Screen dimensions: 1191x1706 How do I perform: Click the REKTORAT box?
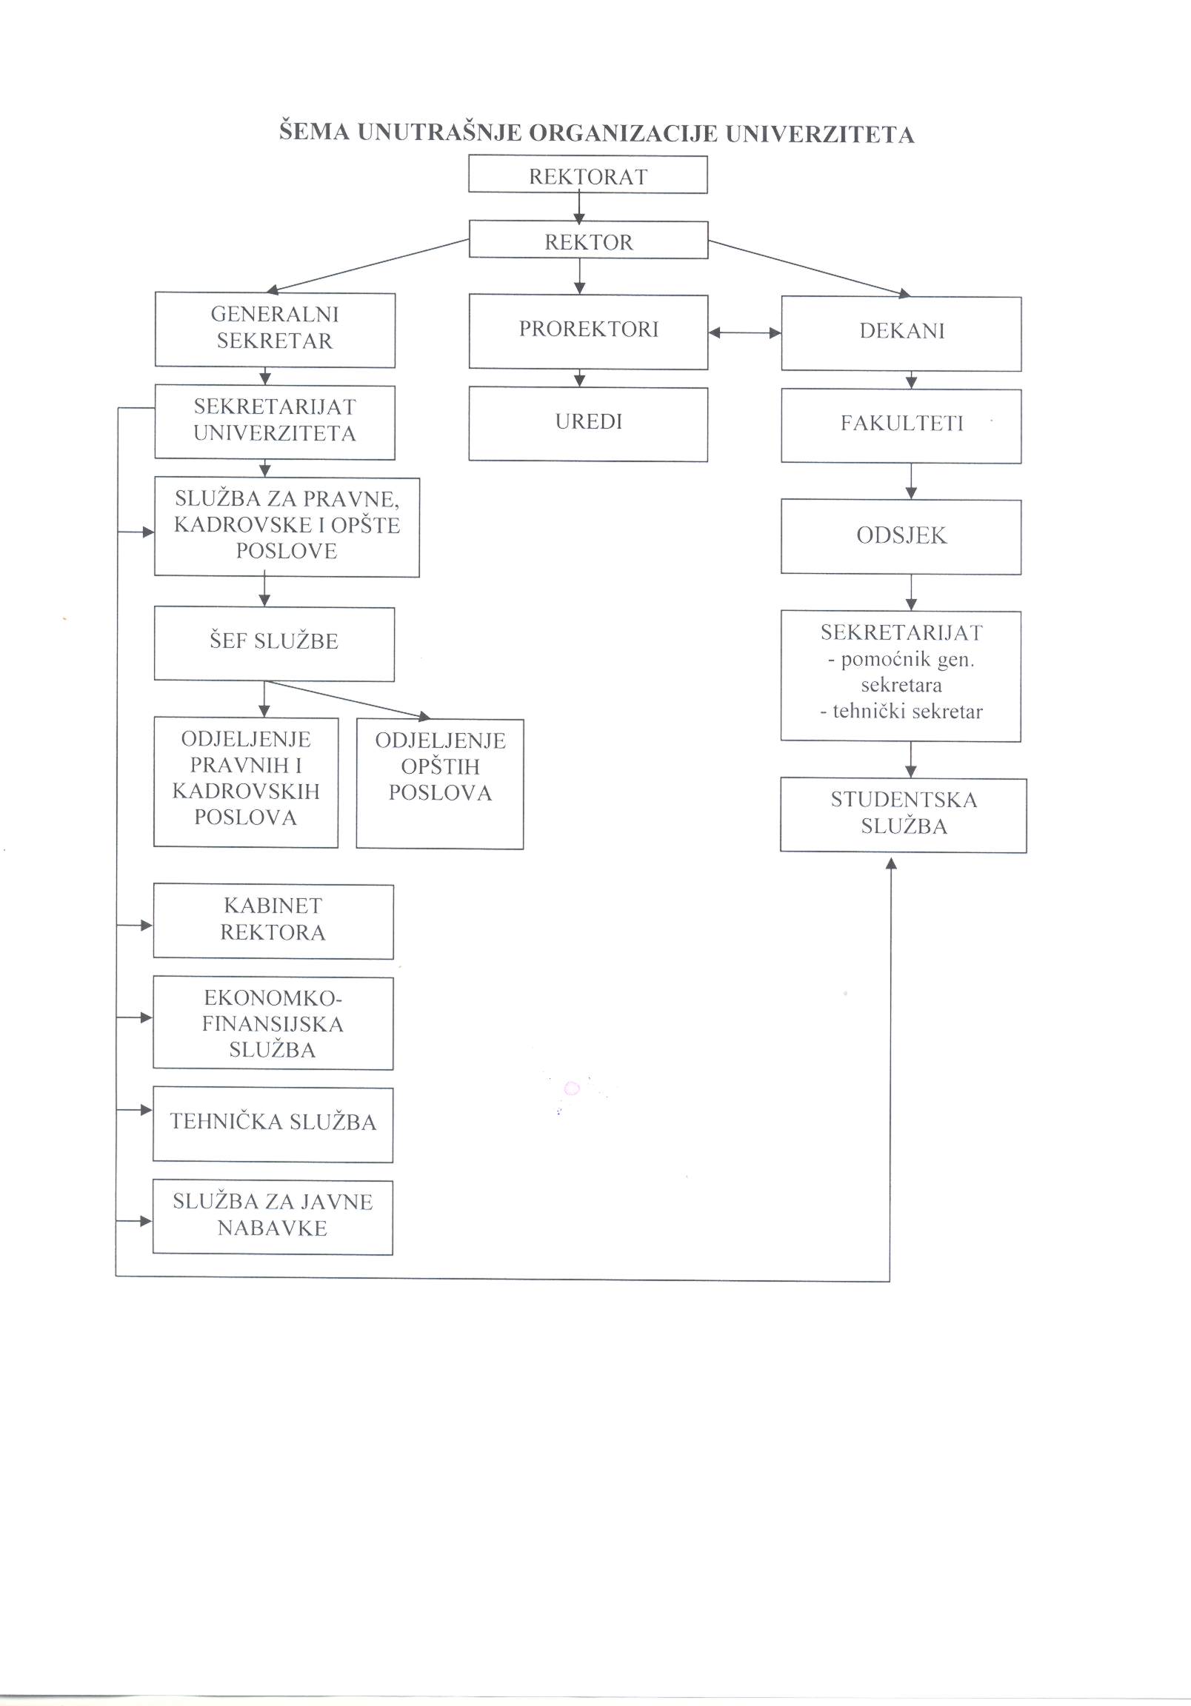pos(587,175)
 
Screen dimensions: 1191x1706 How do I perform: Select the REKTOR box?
pos(588,239)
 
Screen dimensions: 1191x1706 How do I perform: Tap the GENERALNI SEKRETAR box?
pos(275,330)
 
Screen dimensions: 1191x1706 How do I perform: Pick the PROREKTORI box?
pos(588,332)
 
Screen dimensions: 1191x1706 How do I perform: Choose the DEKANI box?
pos(901,334)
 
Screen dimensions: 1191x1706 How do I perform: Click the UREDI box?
pos(588,424)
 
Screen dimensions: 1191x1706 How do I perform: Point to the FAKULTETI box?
pos(901,426)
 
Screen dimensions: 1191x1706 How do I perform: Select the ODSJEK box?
pos(901,537)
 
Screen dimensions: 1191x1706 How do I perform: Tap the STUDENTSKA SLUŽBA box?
pos(904,815)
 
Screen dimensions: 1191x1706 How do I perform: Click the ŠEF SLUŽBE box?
pos(274,643)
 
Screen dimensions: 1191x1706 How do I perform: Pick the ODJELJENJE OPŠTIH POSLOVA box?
pos(440,783)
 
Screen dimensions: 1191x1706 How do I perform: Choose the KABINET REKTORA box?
pos(273,921)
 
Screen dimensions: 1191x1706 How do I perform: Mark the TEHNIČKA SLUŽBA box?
pos(273,1125)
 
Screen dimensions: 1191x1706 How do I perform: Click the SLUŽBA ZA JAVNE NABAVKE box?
pos(273,1217)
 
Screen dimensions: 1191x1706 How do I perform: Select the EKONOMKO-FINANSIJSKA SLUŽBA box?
pos(273,1023)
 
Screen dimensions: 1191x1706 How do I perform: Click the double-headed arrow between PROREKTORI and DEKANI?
pos(745,333)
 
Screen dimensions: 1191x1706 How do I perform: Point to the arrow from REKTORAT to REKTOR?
pos(579,207)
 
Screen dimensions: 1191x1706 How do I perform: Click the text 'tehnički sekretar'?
pos(901,711)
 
